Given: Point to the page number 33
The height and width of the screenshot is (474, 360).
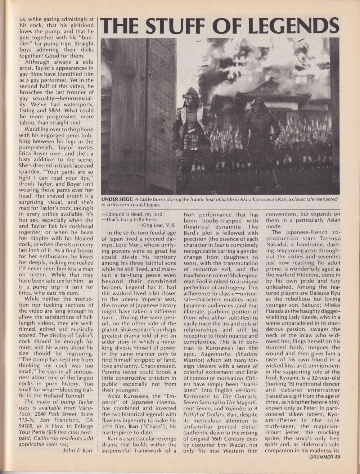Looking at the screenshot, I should point(337,457).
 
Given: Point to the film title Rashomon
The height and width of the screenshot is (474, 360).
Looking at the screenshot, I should point(197,396).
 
